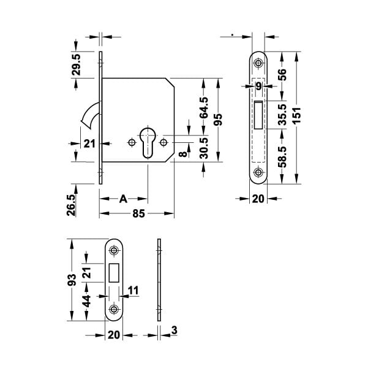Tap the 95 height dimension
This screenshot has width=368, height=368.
click(x=218, y=119)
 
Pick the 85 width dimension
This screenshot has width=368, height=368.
click(x=138, y=213)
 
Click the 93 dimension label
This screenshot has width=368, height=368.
click(x=72, y=280)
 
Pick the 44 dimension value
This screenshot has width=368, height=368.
click(x=87, y=301)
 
